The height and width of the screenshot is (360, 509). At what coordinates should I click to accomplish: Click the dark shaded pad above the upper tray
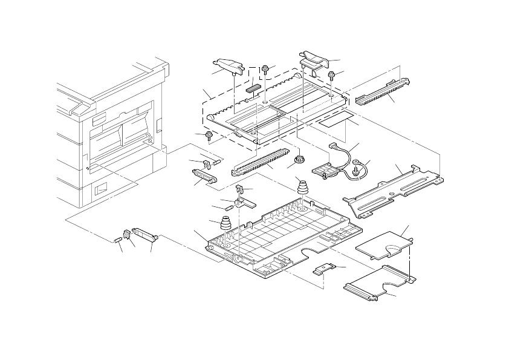coord(254,87)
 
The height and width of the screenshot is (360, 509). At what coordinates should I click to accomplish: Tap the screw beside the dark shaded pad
coord(265,71)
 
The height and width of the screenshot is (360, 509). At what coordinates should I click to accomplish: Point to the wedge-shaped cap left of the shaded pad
coord(228,64)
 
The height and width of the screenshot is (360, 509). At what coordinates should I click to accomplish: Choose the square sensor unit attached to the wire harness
coord(327,171)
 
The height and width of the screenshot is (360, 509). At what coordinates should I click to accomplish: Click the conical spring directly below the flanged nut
coord(302,187)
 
